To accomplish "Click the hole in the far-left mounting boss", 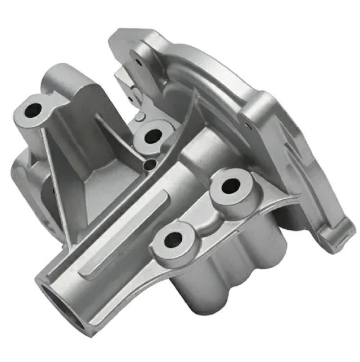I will pyautogui.click(x=32, y=109).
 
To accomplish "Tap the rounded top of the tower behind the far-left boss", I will pyautogui.click(x=63, y=72).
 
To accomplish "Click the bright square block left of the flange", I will pyautogui.click(x=126, y=81).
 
